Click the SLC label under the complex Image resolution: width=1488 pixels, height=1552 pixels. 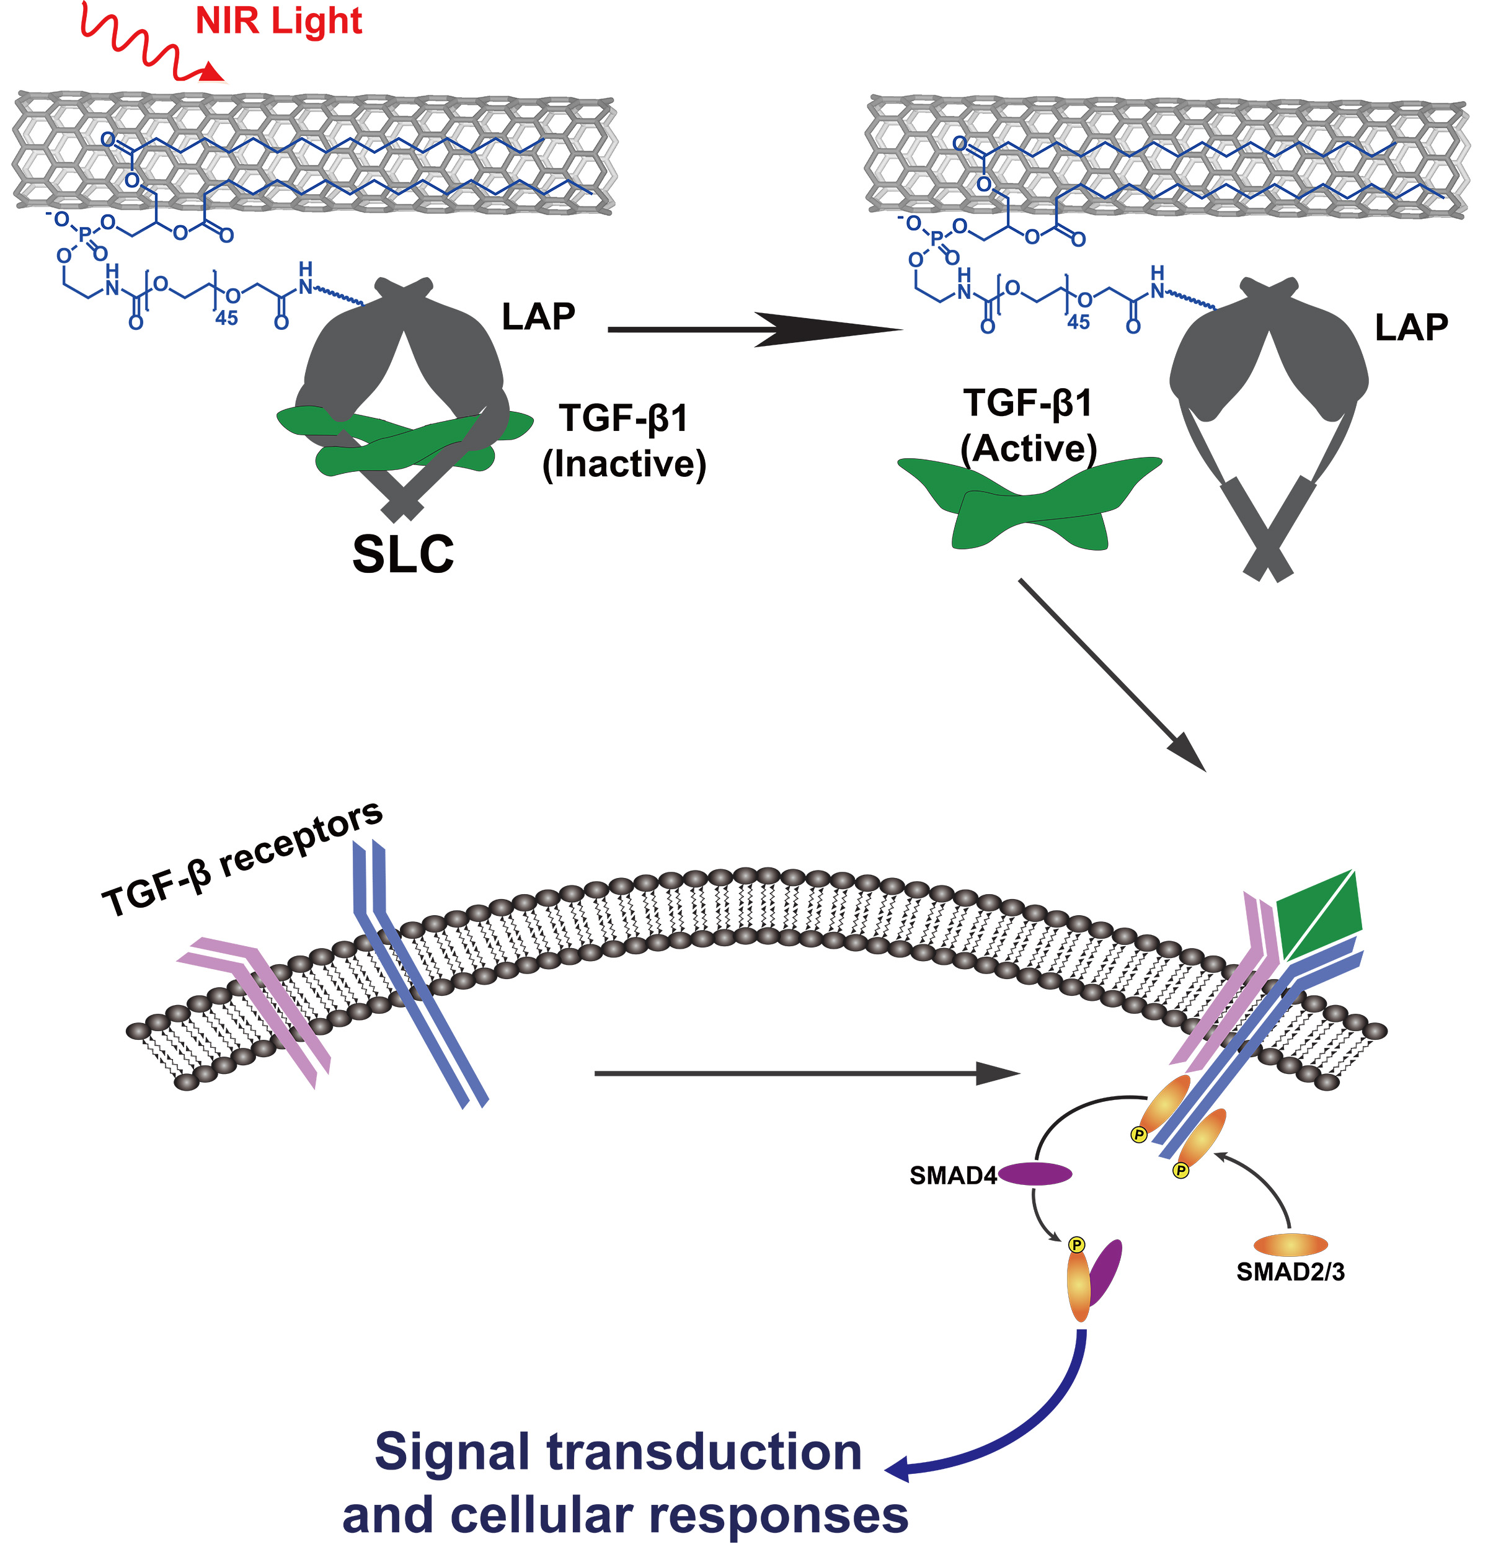point(403,554)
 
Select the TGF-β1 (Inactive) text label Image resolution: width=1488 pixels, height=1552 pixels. point(624,441)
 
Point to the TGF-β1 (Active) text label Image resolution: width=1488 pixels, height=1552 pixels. point(1028,426)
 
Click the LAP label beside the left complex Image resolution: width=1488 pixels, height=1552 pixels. point(539,317)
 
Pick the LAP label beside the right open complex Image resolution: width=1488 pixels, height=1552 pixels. point(1411,327)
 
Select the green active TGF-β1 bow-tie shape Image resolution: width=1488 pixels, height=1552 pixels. point(1029,503)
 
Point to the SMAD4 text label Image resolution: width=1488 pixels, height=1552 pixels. point(953,1176)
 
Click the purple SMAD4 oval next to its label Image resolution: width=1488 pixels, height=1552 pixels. point(1034,1174)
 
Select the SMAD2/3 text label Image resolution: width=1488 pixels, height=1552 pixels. point(1290,1272)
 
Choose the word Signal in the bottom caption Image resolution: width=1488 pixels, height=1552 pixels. point(452,1452)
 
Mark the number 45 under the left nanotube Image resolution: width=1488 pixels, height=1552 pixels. point(226,318)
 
